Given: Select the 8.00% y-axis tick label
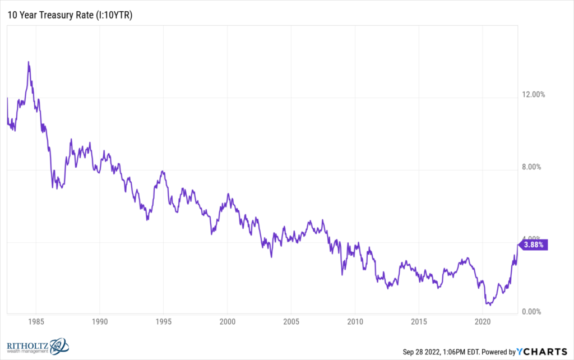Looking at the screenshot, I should [531, 167].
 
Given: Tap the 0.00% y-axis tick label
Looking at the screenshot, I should [531, 312].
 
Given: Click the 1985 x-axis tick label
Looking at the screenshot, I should [35, 322].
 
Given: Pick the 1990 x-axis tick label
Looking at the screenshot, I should [99, 322].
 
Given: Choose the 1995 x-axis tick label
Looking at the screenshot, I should [163, 322].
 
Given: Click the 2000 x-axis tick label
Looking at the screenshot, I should [227, 322].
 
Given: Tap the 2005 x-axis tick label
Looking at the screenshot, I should [291, 322].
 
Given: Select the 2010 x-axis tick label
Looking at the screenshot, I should [355, 322].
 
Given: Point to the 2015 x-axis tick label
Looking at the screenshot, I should [419, 322].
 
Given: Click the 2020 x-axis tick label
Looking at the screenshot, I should [483, 322].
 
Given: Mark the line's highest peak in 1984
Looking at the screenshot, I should [28, 62].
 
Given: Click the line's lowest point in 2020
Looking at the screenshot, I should [489, 305].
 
